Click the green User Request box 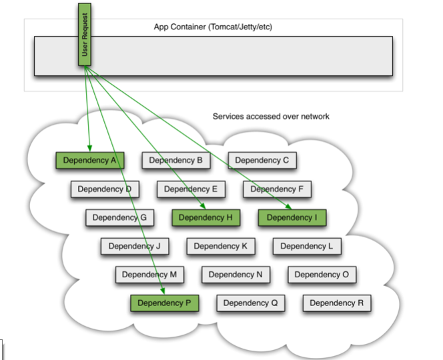(85, 35)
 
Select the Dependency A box (90, 161)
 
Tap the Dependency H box (206, 217)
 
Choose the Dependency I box (292, 217)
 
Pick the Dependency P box (164, 303)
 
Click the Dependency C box (262, 161)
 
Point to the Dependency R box (337, 303)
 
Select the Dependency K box (221, 246)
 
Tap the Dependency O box (322, 275)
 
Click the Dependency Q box (251, 303)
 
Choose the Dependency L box (307, 246)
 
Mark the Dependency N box (236, 275)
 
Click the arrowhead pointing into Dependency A (89, 148)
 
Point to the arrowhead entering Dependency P (162, 291)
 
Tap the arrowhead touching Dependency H (203, 206)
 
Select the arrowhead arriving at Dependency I (288, 207)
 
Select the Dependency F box (277, 189)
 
